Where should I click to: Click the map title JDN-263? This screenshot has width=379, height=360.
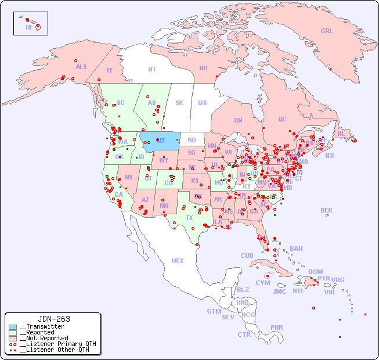(x=54, y=319)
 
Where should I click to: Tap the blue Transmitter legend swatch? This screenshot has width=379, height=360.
(x=12, y=327)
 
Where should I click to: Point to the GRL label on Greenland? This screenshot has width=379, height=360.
(x=327, y=31)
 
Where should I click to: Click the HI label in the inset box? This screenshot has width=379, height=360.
(x=28, y=27)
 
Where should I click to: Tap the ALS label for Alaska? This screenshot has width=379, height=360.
(x=81, y=67)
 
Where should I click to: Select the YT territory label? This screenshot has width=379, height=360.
(x=109, y=70)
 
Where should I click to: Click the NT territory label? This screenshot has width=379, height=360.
(x=151, y=69)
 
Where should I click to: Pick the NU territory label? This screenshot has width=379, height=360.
(x=203, y=68)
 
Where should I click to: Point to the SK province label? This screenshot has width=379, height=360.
(x=179, y=103)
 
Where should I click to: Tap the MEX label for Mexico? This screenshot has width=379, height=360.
(x=178, y=261)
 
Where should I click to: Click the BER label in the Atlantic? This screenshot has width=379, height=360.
(x=326, y=210)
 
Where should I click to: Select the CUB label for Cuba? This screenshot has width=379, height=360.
(x=247, y=255)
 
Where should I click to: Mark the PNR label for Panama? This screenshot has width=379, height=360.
(x=277, y=327)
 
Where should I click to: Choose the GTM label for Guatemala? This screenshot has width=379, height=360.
(x=214, y=311)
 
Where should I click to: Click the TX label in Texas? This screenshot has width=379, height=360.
(x=189, y=218)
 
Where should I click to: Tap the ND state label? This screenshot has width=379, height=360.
(x=192, y=140)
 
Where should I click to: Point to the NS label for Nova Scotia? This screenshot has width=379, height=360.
(x=329, y=155)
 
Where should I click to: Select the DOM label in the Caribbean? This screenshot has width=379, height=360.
(x=315, y=272)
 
